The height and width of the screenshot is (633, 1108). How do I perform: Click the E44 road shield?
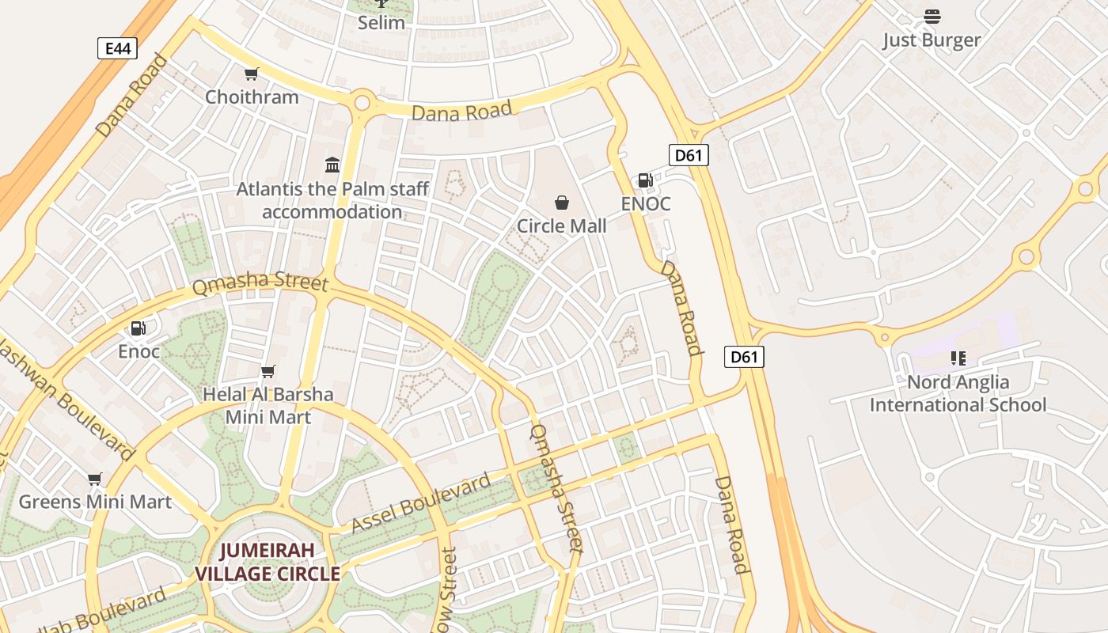[117, 48]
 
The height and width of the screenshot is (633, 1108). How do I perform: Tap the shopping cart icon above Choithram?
[251, 74]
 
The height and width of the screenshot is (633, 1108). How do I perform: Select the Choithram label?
[252, 97]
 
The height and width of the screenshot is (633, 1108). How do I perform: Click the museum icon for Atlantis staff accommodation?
[332, 165]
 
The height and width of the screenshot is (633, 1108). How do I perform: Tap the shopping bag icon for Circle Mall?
[562, 203]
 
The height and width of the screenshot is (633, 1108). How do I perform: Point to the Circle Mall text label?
[562, 226]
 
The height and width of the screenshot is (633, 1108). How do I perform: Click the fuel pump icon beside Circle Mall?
[645, 180]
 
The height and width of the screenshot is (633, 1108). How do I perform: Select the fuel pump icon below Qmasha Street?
[138, 328]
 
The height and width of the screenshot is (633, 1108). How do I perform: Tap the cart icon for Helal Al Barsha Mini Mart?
[268, 371]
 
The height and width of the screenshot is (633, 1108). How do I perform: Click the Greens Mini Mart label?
[95, 502]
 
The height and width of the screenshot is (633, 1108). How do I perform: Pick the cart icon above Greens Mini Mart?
[95, 479]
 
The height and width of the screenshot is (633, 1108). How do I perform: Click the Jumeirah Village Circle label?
[268, 562]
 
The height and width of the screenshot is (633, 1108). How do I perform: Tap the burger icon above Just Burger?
[932, 17]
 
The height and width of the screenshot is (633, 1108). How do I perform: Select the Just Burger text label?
[932, 40]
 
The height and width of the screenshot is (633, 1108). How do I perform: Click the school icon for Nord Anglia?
[958, 358]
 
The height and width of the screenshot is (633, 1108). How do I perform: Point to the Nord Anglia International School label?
[958, 394]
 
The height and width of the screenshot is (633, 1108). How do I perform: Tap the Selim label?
[381, 23]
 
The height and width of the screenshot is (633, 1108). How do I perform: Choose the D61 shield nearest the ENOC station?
[688, 155]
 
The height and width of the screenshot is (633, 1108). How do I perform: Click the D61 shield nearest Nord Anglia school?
[744, 357]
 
